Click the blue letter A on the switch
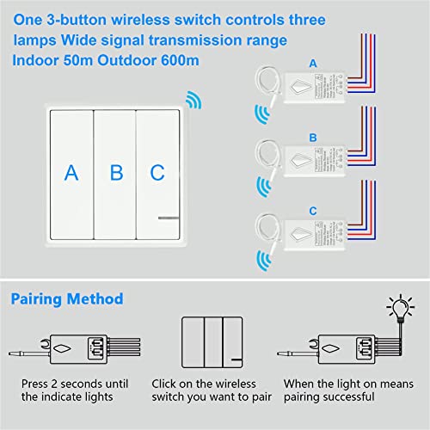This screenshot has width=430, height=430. pyautogui.click(x=71, y=173)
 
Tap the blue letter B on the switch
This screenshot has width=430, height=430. pyautogui.click(x=116, y=173)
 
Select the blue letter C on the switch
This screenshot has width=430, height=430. pyautogui.click(x=157, y=173)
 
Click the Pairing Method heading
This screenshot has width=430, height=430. pyautogui.click(x=67, y=299)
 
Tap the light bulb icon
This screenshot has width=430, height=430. pyautogui.click(x=399, y=305)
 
